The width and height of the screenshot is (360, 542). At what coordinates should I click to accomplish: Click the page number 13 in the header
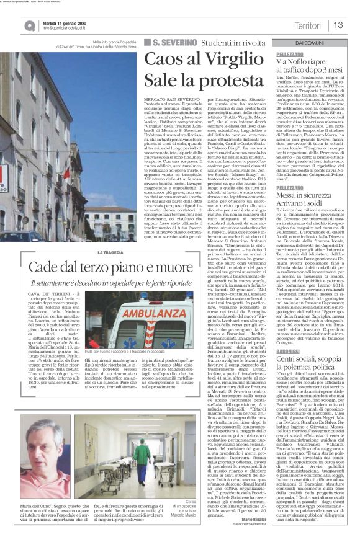(338, 25)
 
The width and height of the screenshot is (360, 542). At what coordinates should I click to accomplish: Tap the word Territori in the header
(308, 25)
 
